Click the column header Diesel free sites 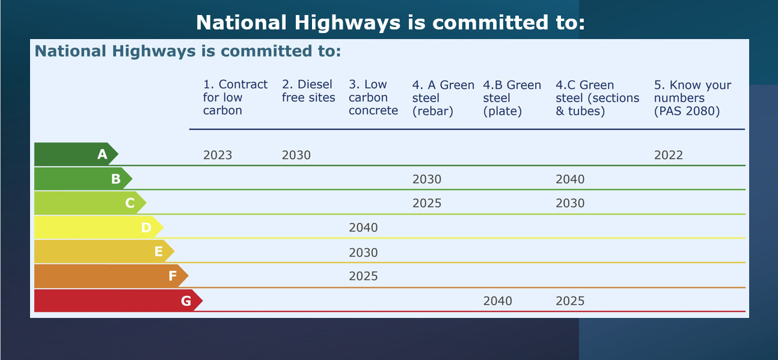308,91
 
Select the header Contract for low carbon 235,97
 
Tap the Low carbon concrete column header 373,97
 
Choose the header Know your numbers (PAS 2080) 693,98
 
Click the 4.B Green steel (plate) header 512,98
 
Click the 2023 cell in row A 218,155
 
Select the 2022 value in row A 668,155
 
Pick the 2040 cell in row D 363,227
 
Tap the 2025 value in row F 363,276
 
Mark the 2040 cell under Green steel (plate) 497,301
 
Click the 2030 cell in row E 363,252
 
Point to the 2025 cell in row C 426,203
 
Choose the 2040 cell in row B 570,179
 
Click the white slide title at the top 390,23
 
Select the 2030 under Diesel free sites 296,155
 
